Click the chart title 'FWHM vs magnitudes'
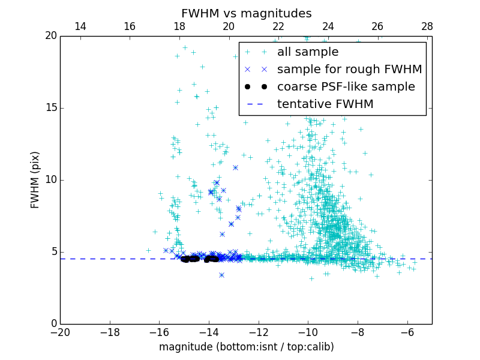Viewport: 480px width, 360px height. (x=246, y=13)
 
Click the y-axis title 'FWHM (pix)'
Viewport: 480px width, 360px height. (x=35, y=180)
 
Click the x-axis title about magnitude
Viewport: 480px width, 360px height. (x=246, y=347)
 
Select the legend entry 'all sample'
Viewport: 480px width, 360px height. (x=308, y=52)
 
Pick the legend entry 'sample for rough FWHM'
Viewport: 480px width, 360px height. (x=349, y=70)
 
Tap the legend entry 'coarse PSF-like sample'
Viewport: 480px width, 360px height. (x=346, y=87)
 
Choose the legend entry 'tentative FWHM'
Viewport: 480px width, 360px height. (x=325, y=104)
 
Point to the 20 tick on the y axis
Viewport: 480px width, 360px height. (x=50, y=36)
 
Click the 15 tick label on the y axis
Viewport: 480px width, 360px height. (x=50, y=108)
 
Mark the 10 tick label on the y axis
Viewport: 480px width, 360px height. (x=50, y=180)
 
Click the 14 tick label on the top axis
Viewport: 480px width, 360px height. (x=80, y=26)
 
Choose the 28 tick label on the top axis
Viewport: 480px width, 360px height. (x=427, y=26)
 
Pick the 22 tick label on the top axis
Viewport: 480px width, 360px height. (x=278, y=26)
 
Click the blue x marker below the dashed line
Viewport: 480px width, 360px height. (x=221, y=275)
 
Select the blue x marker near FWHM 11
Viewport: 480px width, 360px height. (x=235, y=167)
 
